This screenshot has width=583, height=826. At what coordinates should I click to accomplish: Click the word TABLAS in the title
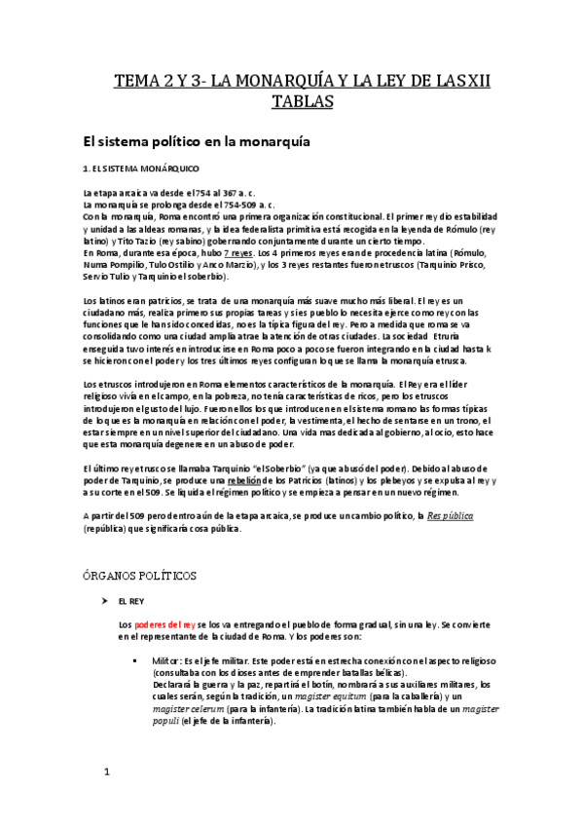[292, 103]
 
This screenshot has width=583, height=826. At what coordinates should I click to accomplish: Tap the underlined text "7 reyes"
[242, 251]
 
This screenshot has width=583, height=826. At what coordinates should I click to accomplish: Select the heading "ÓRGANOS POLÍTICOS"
[140, 576]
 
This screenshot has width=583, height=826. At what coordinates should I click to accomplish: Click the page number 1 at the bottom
[107, 775]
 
